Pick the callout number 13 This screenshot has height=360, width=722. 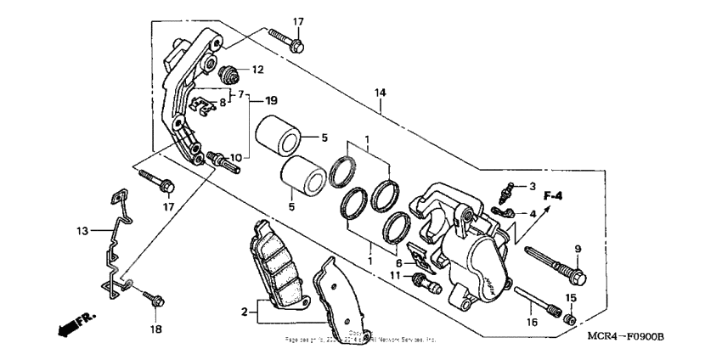82,230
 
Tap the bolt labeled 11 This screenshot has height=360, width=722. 421,282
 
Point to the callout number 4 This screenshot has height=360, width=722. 533,214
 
